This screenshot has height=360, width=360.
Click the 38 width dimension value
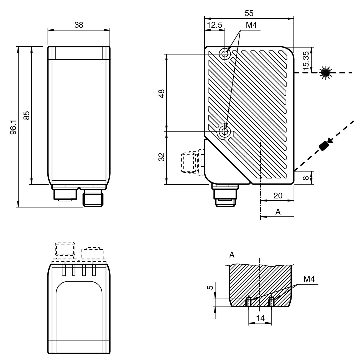(79, 25)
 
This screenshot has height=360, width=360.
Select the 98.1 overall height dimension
(14, 127)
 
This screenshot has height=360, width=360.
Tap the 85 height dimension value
(26, 115)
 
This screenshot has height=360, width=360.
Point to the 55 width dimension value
(249, 13)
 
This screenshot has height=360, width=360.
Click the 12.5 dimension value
(215, 25)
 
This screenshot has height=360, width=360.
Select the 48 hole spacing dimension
(162, 93)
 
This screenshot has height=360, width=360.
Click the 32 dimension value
(162, 157)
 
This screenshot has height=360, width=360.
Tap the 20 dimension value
(278, 196)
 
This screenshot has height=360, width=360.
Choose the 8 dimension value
(305, 178)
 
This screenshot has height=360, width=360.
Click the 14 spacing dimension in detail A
(260, 318)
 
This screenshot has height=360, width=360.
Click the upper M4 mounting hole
(225, 54)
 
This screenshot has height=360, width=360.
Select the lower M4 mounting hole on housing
(225, 132)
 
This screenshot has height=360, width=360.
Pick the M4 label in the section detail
(309, 279)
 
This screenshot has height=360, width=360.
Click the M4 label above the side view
(251, 25)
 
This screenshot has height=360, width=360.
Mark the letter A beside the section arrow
(278, 212)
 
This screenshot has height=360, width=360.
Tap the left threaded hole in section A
(249, 302)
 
